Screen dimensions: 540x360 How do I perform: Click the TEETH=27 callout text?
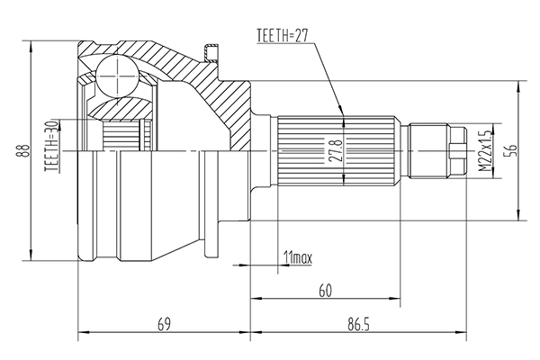282,35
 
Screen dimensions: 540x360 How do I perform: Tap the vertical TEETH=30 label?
51,146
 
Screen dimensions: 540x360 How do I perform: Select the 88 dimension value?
24,151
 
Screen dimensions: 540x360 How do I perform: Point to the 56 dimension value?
512,150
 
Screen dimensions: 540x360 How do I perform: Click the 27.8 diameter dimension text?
335,151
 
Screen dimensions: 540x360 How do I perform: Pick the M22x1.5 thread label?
484,150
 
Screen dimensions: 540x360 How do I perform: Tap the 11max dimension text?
297,257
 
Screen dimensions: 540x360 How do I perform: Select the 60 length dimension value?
325,291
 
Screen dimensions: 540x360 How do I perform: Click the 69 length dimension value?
164,324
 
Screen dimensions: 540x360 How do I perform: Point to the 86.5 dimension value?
358,324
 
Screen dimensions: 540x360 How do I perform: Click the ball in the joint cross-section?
117,76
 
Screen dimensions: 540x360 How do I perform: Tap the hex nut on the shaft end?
458,151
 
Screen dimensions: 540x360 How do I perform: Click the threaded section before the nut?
428,151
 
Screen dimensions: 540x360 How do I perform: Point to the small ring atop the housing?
210,52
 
